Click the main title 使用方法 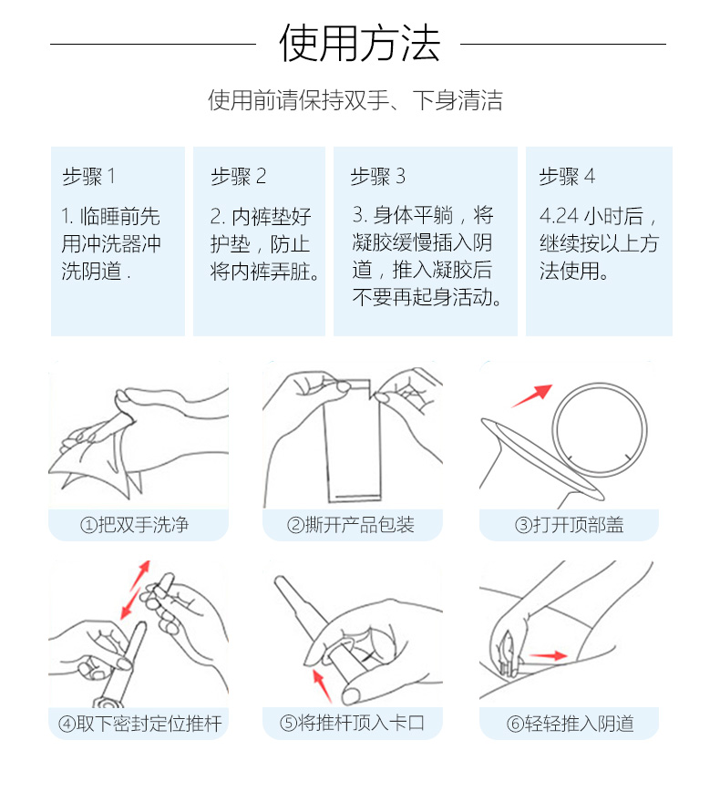(x=359, y=43)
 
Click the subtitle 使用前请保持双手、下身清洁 (x=355, y=99)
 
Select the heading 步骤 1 (x=88, y=176)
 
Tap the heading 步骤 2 (x=239, y=176)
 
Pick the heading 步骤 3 (x=378, y=176)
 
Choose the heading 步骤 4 (x=567, y=176)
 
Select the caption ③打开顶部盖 (x=569, y=525)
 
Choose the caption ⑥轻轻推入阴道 (x=570, y=724)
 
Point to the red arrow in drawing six (x=548, y=655)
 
